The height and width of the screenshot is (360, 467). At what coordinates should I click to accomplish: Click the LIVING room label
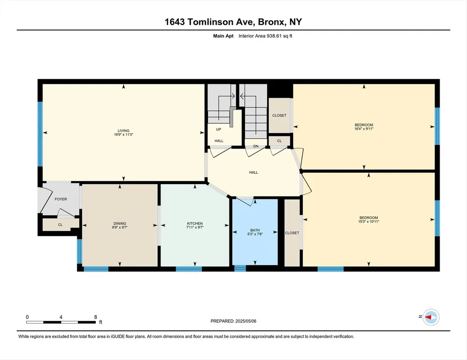click(x=123, y=131)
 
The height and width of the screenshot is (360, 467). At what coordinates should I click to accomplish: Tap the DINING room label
click(x=120, y=223)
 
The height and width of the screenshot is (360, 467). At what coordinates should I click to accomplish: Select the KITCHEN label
click(x=195, y=223)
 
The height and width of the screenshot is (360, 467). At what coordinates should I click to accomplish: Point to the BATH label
click(x=255, y=230)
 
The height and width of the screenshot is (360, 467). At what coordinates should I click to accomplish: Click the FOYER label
click(x=61, y=199)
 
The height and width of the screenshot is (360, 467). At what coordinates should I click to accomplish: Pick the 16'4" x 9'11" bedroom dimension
click(x=364, y=129)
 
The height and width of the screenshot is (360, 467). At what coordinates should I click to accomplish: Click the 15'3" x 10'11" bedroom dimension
click(x=368, y=221)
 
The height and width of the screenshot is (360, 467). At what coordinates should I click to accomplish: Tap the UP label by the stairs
click(x=218, y=129)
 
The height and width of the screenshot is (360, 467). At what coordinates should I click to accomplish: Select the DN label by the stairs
click(x=256, y=146)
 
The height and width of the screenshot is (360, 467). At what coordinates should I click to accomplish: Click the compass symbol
click(x=431, y=317)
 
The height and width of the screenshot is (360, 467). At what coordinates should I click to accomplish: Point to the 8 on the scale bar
click(x=96, y=317)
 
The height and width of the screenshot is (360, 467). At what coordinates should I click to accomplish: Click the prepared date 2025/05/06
click(x=246, y=321)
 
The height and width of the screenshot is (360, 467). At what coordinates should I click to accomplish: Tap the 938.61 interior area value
click(x=275, y=36)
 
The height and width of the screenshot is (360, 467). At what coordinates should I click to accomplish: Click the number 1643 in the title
click(x=175, y=22)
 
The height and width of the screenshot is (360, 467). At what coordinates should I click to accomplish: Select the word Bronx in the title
click(x=270, y=22)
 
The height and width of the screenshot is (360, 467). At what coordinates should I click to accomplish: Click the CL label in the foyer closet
click(x=60, y=225)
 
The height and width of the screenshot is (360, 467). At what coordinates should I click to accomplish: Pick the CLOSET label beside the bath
click(x=292, y=233)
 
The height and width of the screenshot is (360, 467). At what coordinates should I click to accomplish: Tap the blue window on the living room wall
click(x=40, y=134)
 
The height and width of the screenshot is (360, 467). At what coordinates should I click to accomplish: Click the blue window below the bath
click(x=240, y=269)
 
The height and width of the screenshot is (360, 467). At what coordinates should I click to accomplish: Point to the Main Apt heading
click(x=223, y=36)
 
